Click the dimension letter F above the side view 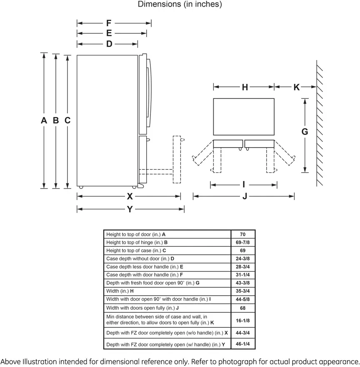point(108,23)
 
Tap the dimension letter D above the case point(109,44)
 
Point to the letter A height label point(44,120)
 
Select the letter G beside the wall point(305,131)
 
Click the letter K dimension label point(297,87)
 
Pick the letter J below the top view point(245,196)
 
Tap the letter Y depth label point(130,209)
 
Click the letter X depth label point(130,196)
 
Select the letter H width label point(245,87)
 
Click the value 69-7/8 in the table point(242,242)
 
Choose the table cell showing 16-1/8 point(242,320)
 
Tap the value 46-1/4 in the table point(242,344)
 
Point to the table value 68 point(242,308)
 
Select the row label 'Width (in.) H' point(120,291)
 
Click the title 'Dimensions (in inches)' point(180,4)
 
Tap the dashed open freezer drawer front point(177,159)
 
